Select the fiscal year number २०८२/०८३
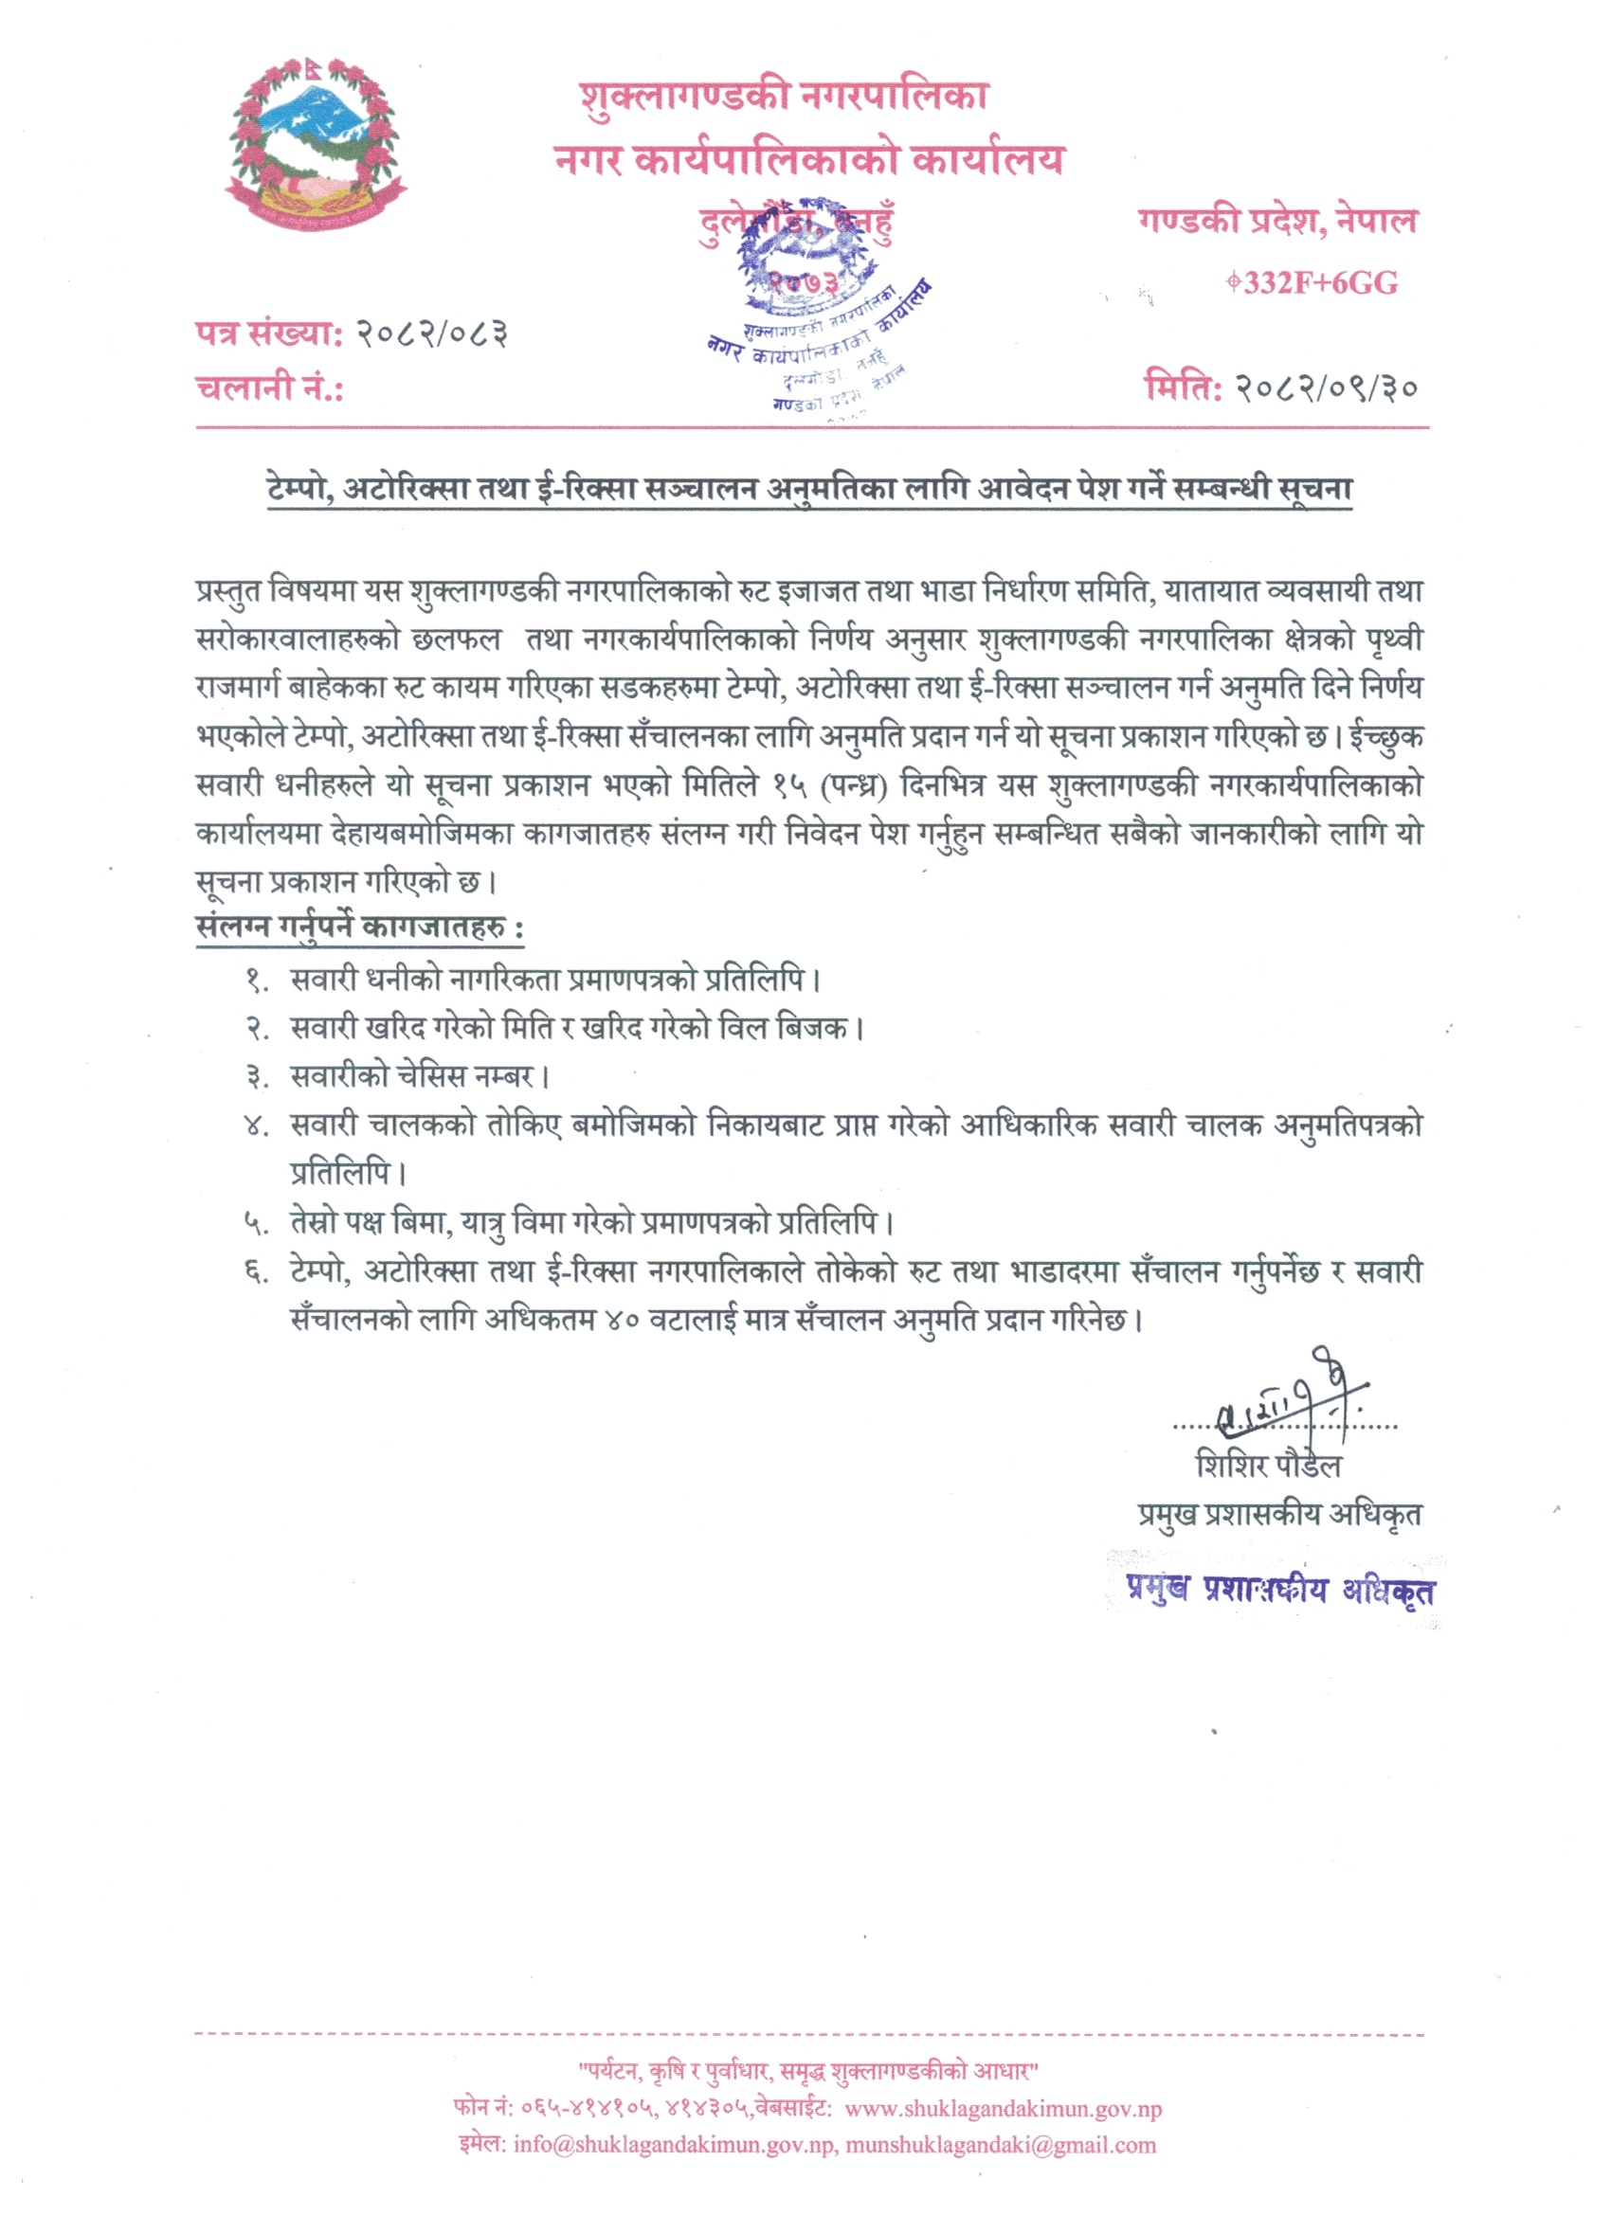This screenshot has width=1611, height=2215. (x=430, y=334)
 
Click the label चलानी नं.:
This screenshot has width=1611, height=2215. (x=270, y=387)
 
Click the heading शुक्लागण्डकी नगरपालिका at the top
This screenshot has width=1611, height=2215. (x=784, y=97)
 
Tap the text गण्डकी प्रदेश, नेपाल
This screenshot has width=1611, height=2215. (x=1276, y=222)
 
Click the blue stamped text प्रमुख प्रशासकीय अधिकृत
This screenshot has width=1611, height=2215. (x=1281, y=1590)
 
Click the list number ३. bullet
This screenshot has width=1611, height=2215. (x=257, y=1077)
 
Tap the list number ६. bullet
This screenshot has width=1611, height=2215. (x=256, y=1271)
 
